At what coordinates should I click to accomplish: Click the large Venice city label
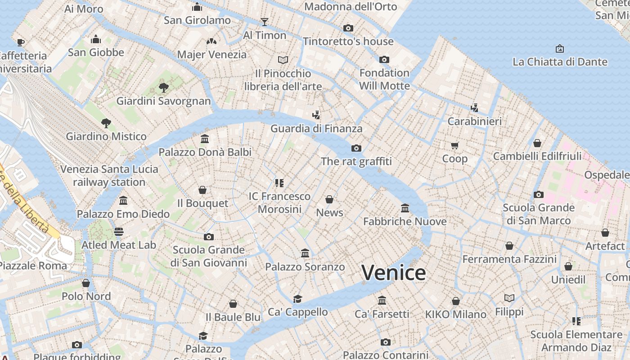pos(393,273)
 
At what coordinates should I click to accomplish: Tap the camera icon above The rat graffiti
pos(356,148)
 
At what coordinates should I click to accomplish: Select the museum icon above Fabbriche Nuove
pos(405,208)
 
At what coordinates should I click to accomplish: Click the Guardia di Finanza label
pos(316,129)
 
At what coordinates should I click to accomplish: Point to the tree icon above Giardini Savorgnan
pos(163,87)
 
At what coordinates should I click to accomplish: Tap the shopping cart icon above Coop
pos(454,145)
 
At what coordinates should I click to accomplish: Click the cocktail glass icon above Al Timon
pos(264,22)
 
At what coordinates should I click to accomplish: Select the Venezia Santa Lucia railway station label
pos(109,175)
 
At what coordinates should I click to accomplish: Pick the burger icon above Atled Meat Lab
pos(119,232)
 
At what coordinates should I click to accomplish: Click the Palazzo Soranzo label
pos(305,267)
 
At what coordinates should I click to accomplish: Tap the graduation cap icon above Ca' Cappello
pos(297,299)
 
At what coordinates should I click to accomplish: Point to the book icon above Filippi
pos(509,298)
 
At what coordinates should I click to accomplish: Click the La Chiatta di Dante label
pos(560,62)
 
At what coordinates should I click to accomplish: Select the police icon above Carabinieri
pos(474,108)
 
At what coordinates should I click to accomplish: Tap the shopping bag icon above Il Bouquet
pos(202,190)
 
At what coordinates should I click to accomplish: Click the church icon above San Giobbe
pos(95,39)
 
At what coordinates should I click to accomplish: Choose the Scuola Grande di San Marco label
pos(539,214)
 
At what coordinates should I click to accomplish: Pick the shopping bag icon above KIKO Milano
pos(456,301)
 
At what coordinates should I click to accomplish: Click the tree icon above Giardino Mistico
pos(106,123)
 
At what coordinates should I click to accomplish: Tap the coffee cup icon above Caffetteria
pos(20,42)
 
